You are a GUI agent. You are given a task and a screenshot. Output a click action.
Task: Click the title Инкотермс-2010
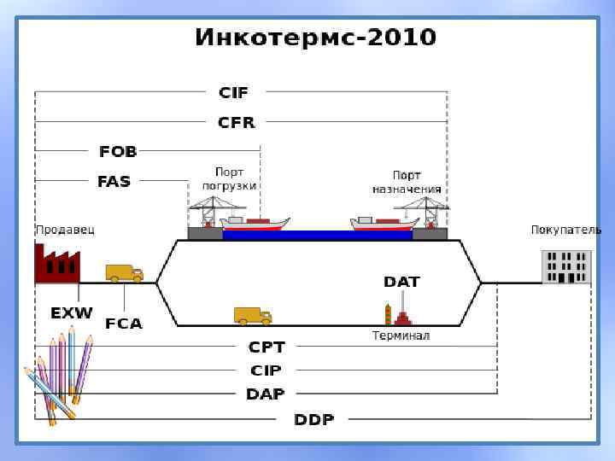315,38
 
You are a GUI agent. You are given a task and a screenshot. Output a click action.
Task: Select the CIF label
233,92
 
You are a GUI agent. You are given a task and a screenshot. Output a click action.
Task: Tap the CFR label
237,122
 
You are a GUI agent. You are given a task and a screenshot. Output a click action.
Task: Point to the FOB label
118,152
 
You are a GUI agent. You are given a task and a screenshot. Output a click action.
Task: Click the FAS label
114,181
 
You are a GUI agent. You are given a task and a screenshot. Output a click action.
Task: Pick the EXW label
71,313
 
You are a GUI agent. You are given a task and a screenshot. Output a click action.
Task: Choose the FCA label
124,324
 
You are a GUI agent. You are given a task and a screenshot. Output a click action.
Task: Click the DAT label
401,282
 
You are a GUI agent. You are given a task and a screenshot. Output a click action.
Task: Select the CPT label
266,347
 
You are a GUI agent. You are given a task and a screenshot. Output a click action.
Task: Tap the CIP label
266,371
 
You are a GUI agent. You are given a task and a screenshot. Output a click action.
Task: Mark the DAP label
266,394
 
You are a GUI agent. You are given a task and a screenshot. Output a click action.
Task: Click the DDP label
314,419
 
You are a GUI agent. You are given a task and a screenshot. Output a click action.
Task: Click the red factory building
56,264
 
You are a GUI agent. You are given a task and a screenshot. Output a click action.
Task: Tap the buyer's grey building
566,266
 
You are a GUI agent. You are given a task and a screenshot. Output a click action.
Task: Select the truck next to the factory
124,273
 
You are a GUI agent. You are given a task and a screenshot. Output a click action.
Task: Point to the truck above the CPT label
253,316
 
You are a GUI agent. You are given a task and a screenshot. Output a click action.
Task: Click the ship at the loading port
255,224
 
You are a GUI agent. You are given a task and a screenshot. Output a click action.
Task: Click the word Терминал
401,336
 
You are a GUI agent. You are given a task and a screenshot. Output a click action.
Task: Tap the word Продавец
65,230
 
